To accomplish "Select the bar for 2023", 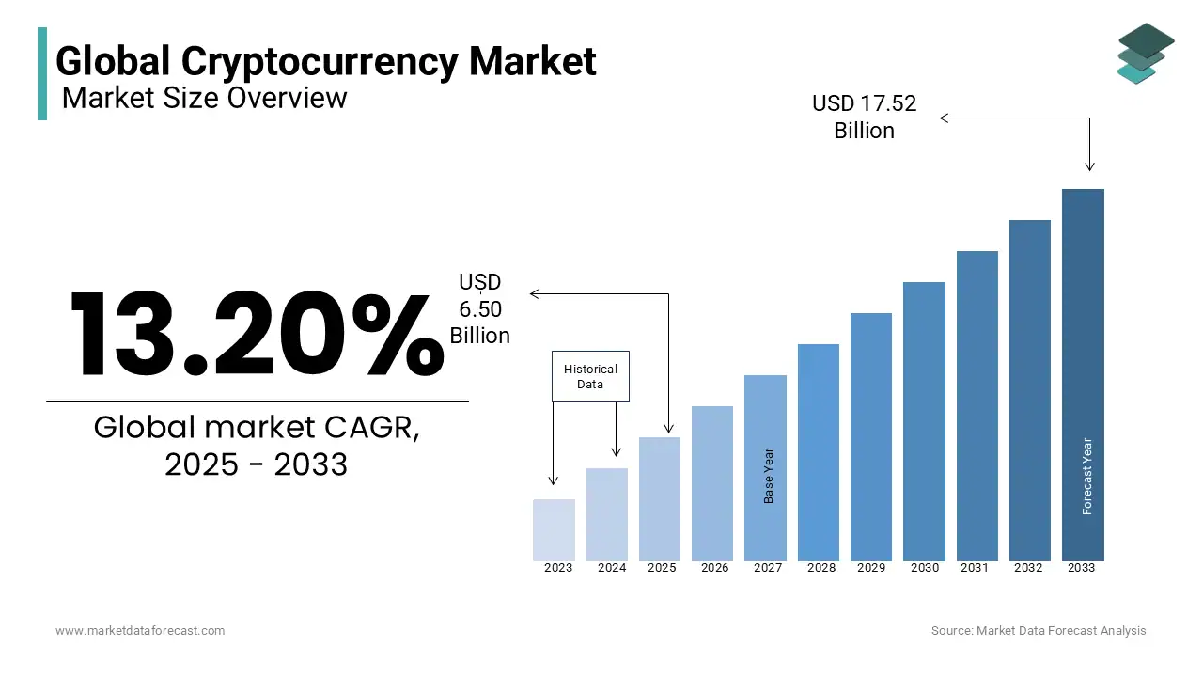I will click(x=554, y=530).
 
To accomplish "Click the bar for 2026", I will click(x=712, y=483).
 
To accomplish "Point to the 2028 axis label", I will click(x=820, y=568).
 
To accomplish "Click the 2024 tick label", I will click(x=612, y=568).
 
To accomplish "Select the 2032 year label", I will click(x=1028, y=568).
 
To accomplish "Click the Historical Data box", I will click(x=590, y=377).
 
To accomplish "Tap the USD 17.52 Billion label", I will click(x=864, y=117).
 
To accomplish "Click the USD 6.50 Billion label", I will click(x=479, y=309).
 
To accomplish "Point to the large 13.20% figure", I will click(x=257, y=335).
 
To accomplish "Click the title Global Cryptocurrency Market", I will click(x=325, y=61).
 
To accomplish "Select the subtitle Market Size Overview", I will click(x=204, y=98).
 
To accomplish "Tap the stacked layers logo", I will click(x=1144, y=53).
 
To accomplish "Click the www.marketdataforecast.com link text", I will click(x=140, y=631).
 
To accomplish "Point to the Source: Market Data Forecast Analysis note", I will click(x=1039, y=631).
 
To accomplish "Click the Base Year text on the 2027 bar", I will click(x=769, y=475).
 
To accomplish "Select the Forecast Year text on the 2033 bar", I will click(x=1087, y=476).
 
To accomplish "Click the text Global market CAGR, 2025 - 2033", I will click(x=257, y=445).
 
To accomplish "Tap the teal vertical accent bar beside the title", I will click(x=42, y=73).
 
